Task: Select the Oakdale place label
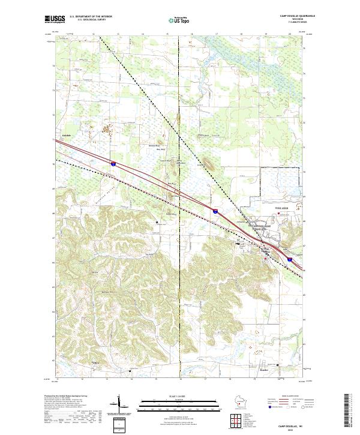click(67, 136)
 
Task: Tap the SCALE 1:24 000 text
click(180, 395)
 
